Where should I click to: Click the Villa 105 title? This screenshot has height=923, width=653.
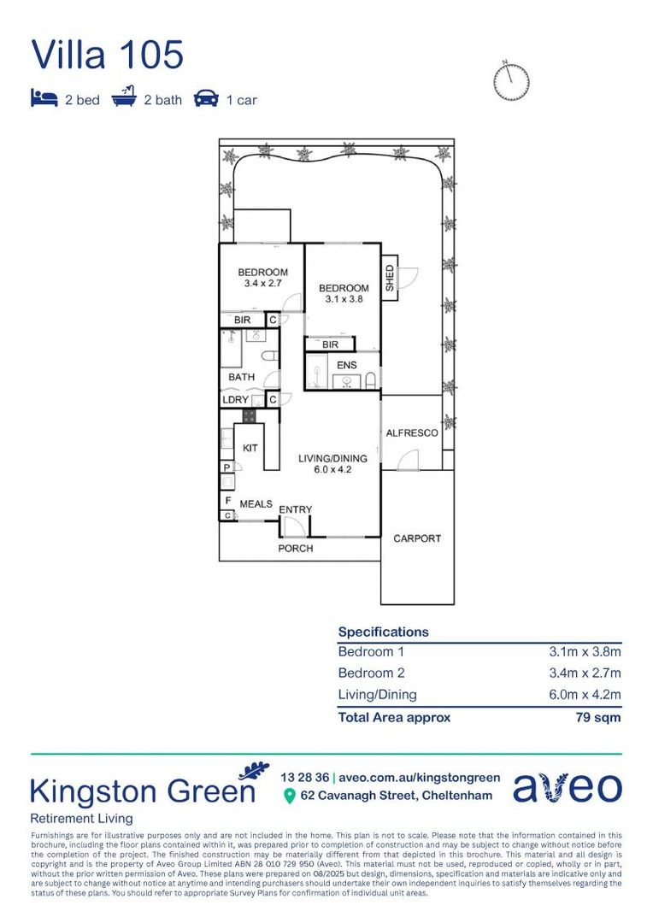[108, 54]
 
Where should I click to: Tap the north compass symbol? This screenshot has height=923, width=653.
[511, 79]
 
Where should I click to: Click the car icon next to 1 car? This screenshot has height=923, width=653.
[205, 99]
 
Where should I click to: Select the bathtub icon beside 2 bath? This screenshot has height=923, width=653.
[124, 99]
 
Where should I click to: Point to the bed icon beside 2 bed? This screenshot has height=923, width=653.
[44, 99]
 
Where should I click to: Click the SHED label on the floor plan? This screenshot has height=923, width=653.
[390, 279]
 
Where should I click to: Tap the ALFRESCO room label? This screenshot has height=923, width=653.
[411, 433]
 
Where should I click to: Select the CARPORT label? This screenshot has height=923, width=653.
[417, 538]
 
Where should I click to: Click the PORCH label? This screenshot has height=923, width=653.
[296, 548]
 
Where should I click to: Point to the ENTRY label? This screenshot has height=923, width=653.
[296, 509]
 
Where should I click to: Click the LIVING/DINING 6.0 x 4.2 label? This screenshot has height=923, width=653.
[326, 464]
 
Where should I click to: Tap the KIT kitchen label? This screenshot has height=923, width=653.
[250, 448]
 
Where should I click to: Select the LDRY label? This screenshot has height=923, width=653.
[235, 400]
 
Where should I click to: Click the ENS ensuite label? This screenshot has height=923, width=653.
[346, 365]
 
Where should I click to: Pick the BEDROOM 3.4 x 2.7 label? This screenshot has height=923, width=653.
[262, 278]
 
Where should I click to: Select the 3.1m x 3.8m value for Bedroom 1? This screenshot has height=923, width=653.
[585, 651]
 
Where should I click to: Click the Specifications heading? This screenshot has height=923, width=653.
[383, 632]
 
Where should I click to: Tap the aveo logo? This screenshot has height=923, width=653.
[567, 787]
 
